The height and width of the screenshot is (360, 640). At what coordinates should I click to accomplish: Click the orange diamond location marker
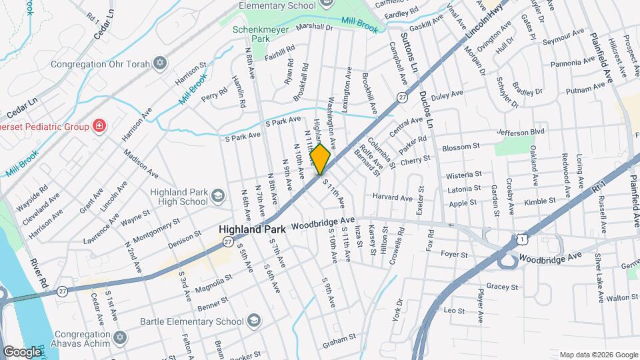point(321,161)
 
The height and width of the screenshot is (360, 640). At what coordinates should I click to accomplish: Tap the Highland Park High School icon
point(217,195)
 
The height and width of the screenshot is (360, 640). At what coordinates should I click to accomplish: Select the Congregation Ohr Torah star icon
point(159,63)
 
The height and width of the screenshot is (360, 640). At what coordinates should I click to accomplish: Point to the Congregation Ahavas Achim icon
point(119,337)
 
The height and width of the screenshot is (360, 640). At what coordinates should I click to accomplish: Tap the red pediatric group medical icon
point(99,125)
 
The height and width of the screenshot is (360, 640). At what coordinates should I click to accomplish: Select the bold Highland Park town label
point(252,229)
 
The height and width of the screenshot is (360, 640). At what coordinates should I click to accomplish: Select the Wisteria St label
point(465,175)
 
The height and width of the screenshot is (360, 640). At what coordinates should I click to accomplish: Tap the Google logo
point(22,351)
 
